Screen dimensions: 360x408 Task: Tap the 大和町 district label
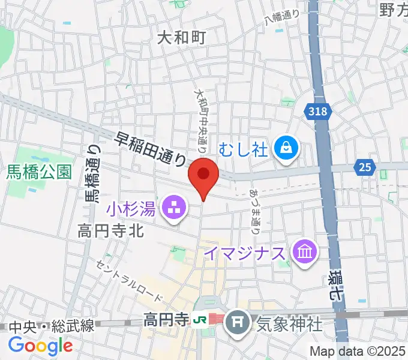[x=181, y=38]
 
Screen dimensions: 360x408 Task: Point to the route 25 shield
[x=364, y=167]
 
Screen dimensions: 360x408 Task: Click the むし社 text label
[x=243, y=148]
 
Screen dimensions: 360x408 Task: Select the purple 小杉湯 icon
[x=175, y=209]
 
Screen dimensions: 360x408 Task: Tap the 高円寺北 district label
[x=110, y=230]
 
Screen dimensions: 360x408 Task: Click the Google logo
[x=40, y=346]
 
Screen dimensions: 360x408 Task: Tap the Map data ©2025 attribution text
[x=358, y=351]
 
